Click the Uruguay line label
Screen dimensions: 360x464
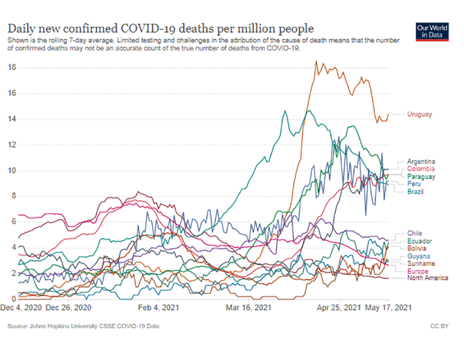point(419,114)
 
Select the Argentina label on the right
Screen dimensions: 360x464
point(421,162)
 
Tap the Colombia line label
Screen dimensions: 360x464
point(420,169)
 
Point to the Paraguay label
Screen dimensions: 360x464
point(421,177)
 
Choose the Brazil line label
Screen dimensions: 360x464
point(416,191)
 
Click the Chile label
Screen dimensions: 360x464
point(414,234)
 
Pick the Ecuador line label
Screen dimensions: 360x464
point(419,241)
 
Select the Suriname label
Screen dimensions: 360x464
point(421,263)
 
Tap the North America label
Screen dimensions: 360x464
point(428,278)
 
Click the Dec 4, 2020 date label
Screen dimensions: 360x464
point(22,308)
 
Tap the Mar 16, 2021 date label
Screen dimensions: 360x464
point(248,308)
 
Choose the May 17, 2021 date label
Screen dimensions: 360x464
point(388,308)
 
